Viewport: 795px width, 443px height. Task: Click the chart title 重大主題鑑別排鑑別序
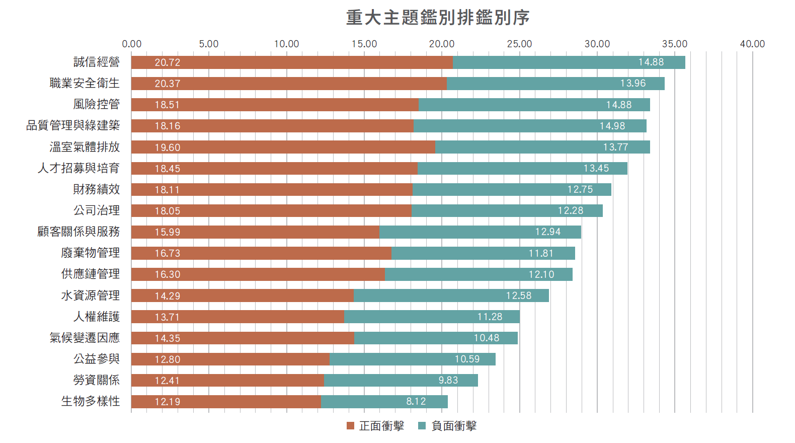437,18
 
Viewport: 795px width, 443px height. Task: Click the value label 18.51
167,105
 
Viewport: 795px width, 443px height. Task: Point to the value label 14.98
612,126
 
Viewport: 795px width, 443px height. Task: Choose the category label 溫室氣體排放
85,147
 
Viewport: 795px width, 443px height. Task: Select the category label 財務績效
96,189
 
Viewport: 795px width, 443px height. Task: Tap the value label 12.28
570,210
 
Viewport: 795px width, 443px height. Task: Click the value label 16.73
167,253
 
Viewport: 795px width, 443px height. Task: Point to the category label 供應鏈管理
91,274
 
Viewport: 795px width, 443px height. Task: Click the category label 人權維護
96,317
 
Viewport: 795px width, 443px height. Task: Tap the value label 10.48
486,338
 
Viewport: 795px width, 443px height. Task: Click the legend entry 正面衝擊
375,426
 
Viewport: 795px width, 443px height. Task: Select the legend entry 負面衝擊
448,426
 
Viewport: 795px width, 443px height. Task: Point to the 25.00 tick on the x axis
519,44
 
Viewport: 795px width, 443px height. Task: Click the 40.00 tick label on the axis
752,44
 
